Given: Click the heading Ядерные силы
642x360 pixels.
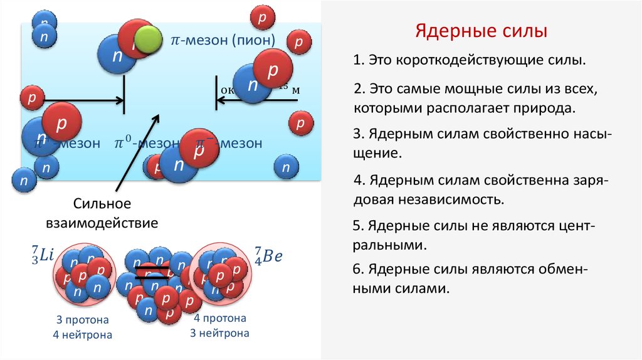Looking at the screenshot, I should [481, 31].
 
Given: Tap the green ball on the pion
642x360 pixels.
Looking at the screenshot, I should [149, 39].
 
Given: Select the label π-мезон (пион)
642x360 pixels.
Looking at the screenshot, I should [223, 40].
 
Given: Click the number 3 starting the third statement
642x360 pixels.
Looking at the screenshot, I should [357, 135].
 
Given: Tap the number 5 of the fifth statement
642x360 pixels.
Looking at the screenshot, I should [357, 225].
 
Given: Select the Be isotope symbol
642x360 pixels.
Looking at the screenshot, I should [270, 255].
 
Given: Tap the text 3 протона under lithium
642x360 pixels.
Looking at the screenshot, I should [82, 319].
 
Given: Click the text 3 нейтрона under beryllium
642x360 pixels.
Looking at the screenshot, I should [219, 334].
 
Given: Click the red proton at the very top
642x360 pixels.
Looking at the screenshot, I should [263, 17].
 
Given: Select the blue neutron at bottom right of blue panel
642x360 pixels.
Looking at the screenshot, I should [286, 167].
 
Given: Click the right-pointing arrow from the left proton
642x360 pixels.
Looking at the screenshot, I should [82, 99].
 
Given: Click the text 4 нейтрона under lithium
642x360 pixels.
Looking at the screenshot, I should [82, 335].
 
